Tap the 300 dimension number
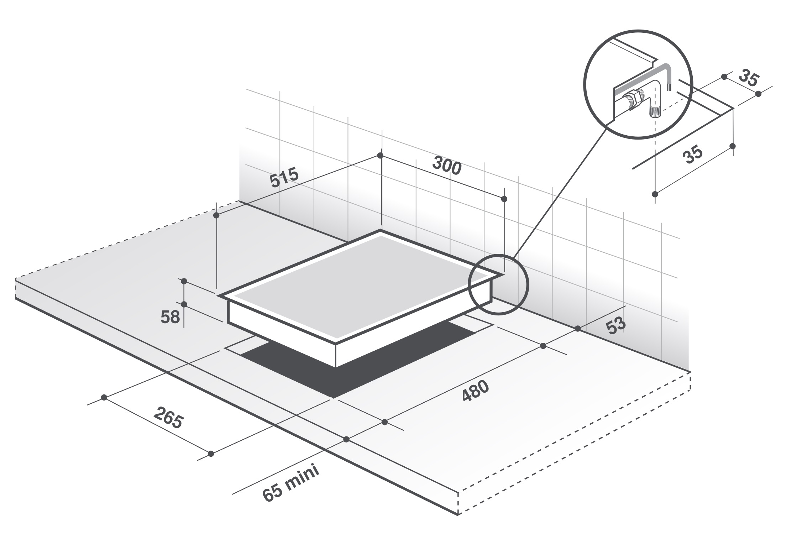pyautogui.click(x=447, y=166)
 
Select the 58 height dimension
pyautogui.click(x=170, y=317)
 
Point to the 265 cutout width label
pyautogui.click(x=169, y=416)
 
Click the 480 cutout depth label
pyautogui.click(x=476, y=391)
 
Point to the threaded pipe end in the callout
pyautogui.click(x=654, y=111)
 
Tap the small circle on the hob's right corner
pyautogui.click(x=498, y=284)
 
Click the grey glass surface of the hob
pyautogui.click(x=360, y=285)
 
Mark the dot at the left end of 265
pyautogui.click(x=104, y=397)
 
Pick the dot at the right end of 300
pyautogui.click(x=504, y=199)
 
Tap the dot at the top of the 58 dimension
pyautogui.click(x=184, y=281)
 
